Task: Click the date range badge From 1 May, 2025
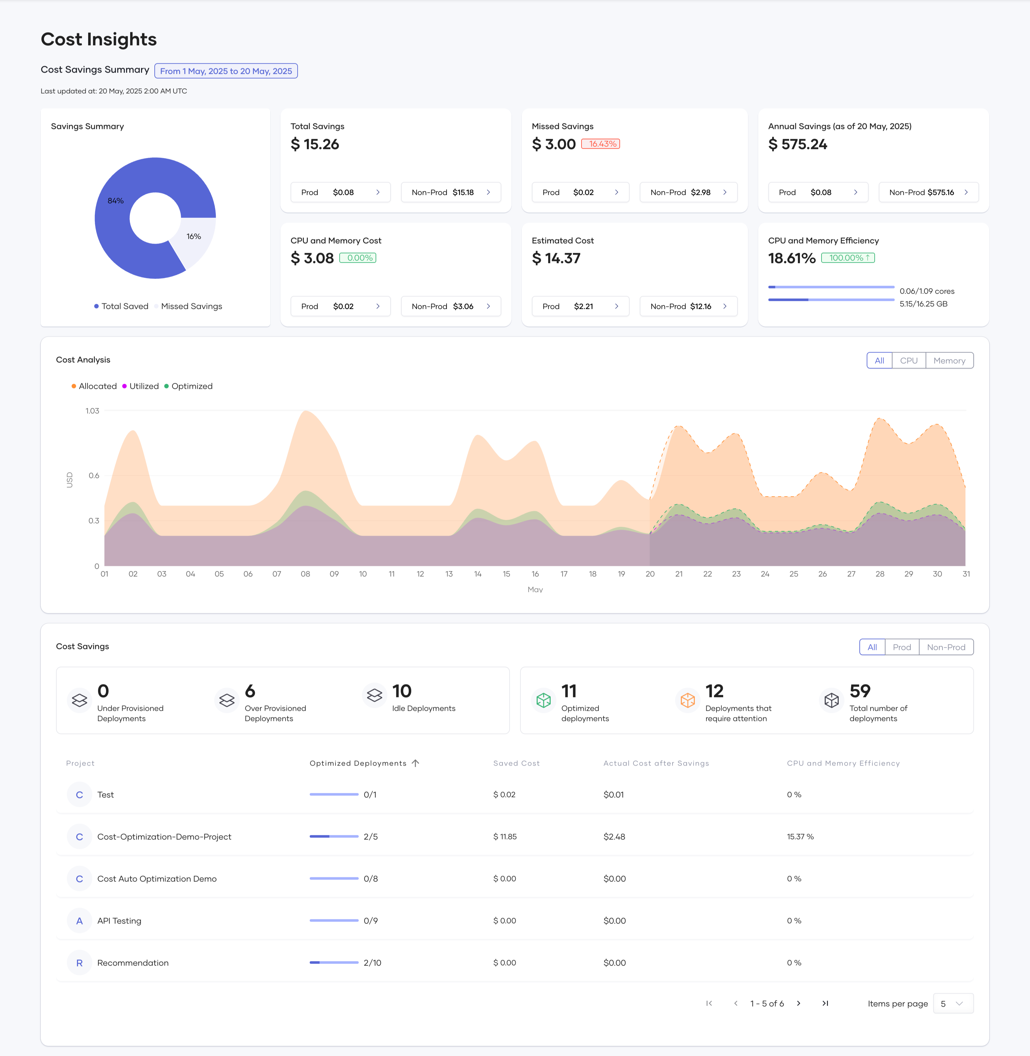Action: tap(226, 71)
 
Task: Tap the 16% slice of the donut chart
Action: tap(195, 238)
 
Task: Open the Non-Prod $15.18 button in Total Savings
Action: tap(451, 192)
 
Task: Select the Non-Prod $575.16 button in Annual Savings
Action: tap(928, 192)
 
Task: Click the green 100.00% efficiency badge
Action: tap(847, 258)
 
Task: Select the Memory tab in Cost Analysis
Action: tap(949, 360)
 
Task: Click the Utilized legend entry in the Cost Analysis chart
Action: tap(143, 386)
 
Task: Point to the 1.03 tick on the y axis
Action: tap(93, 411)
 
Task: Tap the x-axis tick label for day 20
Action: tap(650, 574)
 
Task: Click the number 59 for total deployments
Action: tap(860, 691)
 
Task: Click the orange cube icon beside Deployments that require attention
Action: tap(687, 700)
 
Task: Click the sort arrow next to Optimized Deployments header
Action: tap(415, 763)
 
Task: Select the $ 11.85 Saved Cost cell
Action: tap(505, 837)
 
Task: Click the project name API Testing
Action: tap(119, 921)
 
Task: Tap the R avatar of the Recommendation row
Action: tap(80, 963)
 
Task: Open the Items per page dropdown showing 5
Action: tap(953, 1003)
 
